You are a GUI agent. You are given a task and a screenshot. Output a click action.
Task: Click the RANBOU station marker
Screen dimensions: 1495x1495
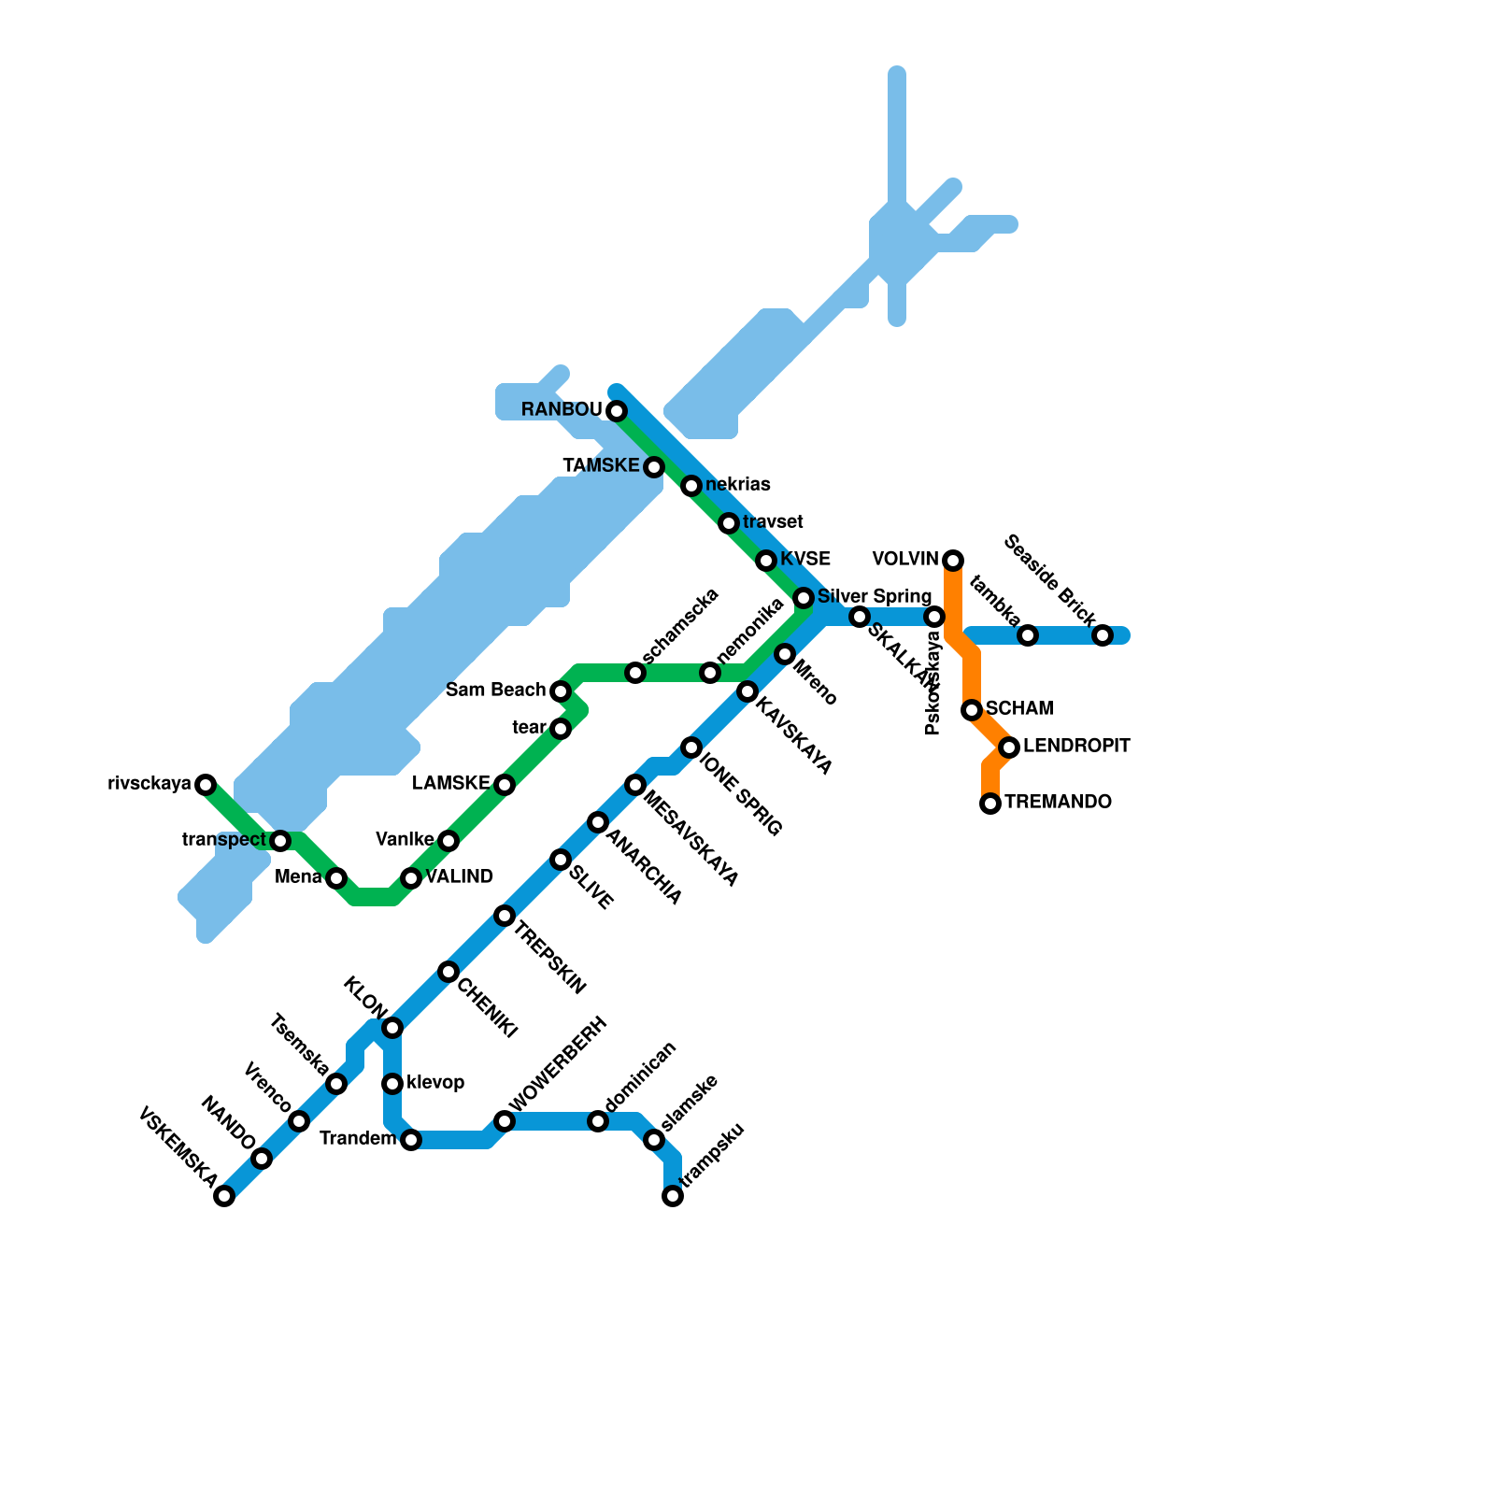pos(617,411)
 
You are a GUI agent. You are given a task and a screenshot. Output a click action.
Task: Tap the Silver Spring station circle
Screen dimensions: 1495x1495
pos(804,598)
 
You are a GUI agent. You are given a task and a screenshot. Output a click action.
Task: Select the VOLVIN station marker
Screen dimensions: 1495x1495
pos(953,561)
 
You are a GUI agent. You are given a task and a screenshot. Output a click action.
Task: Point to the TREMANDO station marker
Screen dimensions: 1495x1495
pos(990,804)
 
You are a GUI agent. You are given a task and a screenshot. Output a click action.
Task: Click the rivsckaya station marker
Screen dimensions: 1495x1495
pos(206,785)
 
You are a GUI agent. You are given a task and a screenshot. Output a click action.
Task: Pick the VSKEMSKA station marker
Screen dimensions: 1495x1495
pos(224,1196)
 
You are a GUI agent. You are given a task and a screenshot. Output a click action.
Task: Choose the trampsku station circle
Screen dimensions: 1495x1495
pos(673,1196)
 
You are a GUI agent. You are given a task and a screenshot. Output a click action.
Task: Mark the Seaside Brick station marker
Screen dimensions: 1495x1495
pos(1103,635)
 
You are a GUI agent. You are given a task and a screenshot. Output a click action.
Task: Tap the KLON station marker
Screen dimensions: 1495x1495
pos(392,1028)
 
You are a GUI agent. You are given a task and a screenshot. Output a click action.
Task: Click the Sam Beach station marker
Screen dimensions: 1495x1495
pos(561,691)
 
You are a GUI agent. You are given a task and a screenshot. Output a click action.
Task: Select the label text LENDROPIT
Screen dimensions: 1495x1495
pos(1076,747)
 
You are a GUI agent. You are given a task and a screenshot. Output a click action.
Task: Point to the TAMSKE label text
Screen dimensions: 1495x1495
pos(601,465)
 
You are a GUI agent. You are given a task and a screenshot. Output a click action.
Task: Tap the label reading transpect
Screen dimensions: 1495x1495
pos(224,840)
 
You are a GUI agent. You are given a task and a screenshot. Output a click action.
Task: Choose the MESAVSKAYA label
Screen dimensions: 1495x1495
pos(691,840)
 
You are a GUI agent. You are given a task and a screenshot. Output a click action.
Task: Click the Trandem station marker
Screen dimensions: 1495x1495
pos(411,1140)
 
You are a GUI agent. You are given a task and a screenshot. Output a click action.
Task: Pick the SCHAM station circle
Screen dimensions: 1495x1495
pos(972,710)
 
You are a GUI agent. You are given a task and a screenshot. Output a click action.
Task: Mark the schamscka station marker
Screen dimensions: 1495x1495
pos(635,673)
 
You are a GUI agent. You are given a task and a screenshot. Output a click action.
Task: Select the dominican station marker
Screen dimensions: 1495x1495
pos(598,1121)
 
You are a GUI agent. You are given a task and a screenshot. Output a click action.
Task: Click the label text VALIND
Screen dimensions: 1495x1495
pos(460,877)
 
